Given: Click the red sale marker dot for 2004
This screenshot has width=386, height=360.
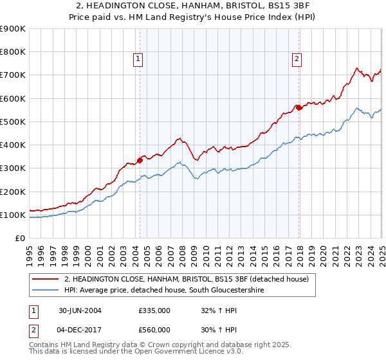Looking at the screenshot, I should (140, 161).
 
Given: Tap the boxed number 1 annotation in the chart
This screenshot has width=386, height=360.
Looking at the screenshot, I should (138, 59).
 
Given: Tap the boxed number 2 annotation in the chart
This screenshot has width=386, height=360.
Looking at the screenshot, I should (297, 59).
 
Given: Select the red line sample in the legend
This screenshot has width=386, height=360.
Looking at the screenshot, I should (46, 279).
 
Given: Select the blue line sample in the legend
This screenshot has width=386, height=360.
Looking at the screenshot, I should (46, 291).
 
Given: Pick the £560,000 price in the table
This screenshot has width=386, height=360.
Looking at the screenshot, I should (154, 329).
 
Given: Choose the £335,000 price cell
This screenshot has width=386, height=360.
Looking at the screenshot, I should (154, 310).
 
